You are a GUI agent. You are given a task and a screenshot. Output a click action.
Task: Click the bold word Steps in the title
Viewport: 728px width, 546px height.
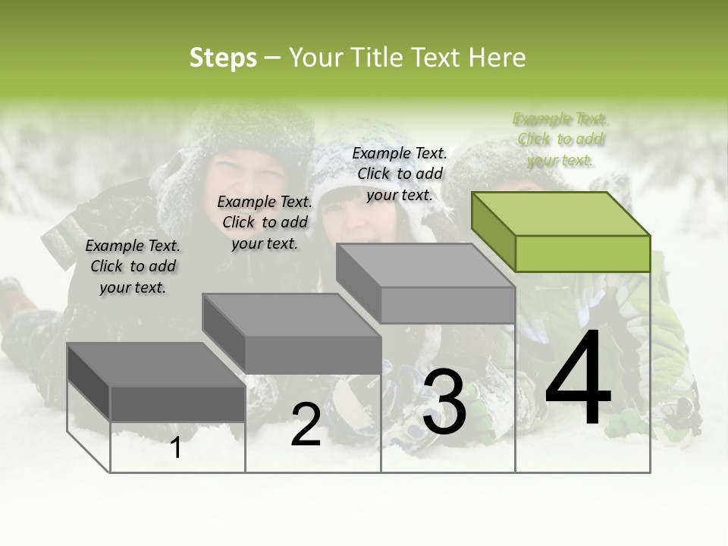point(223,58)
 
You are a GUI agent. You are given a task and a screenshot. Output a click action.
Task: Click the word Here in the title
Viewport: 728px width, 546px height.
point(497,58)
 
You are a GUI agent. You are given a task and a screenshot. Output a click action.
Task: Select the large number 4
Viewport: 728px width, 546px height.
point(578,380)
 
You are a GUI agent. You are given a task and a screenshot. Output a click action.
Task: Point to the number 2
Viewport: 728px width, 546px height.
point(306,425)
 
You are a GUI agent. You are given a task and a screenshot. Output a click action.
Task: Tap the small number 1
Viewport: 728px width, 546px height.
point(176,448)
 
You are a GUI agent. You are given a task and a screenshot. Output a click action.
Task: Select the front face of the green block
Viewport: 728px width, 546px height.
point(582,253)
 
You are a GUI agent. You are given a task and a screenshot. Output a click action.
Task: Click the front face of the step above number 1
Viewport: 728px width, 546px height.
point(177,403)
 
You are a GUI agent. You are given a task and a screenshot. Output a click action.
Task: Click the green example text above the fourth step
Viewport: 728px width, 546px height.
point(560,140)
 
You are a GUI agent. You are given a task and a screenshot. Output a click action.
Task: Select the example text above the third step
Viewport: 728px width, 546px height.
point(400,174)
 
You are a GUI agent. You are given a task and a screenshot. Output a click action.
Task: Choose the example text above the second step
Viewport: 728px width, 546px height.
point(265,222)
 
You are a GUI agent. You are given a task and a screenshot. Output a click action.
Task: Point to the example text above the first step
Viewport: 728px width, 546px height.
point(133,266)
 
